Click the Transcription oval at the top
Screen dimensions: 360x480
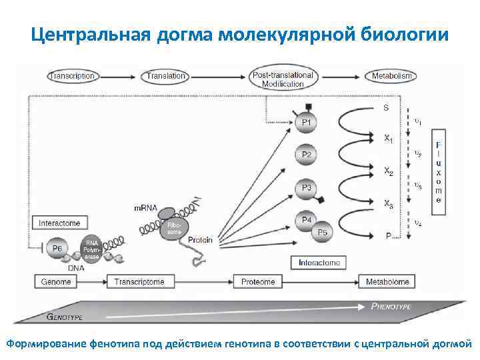point(71,76)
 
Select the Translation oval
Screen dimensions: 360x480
point(166,76)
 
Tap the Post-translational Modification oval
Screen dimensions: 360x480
point(283,79)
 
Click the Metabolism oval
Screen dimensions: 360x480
point(392,76)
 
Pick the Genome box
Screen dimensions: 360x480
point(56,282)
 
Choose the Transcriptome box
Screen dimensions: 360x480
point(139,282)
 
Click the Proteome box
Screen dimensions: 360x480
point(258,282)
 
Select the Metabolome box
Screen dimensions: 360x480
point(387,282)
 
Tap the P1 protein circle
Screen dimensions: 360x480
point(306,123)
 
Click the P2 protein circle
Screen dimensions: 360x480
point(306,155)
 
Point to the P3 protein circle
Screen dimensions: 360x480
point(306,189)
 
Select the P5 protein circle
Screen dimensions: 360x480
point(322,232)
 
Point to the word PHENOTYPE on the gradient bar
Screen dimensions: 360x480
point(391,306)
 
